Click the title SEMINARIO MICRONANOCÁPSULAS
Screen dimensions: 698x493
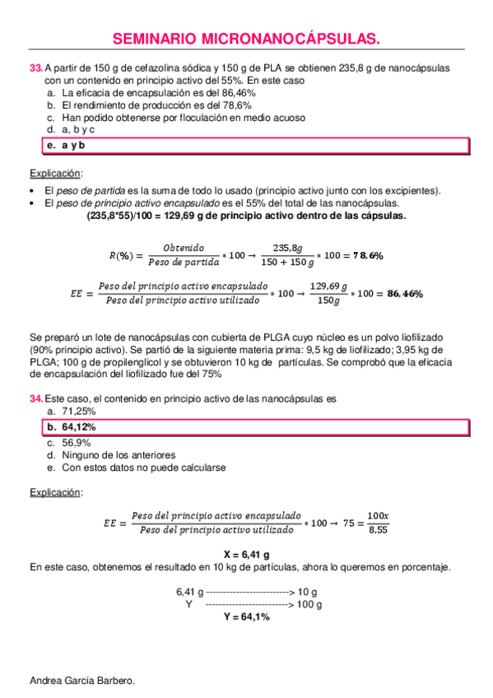(x=245, y=39)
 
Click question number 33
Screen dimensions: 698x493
(x=35, y=69)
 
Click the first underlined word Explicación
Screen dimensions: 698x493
(x=55, y=174)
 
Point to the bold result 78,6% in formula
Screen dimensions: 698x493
(x=368, y=256)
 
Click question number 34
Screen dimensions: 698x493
(x=35, y=398)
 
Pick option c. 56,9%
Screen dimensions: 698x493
(x=70, y=442)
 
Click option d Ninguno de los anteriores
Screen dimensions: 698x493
(x=112, y=454)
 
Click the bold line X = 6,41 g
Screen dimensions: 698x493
(x=247, y=554)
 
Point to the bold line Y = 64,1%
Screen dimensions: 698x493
(x=246, y=616)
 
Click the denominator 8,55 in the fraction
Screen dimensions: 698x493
(x=377, y=531)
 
